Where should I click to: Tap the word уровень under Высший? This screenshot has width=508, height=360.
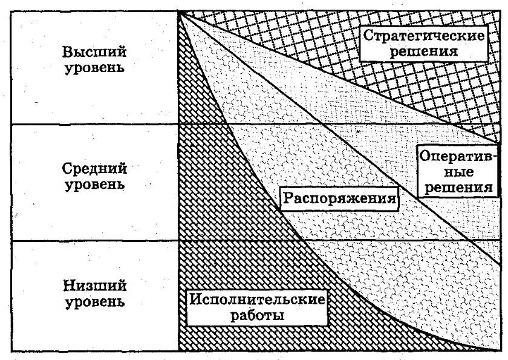[x=95, y=67]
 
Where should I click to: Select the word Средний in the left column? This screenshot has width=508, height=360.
[x=95, y=168]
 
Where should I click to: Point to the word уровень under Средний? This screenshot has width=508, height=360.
[x=95, y=184]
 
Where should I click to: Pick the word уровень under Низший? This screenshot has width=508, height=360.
[x=95, y=301]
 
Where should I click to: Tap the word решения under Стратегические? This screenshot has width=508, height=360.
[x=423, y=51]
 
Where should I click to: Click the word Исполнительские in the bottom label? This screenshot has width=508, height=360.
[x=257, y=299]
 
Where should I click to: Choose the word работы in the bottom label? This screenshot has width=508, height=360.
[x=257, y=315]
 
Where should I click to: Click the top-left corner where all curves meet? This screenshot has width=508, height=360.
[x=180, y=11]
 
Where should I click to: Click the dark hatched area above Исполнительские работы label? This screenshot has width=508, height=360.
[x=200, y=182]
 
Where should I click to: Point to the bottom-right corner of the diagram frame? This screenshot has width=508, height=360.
[x=500, y=351]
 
